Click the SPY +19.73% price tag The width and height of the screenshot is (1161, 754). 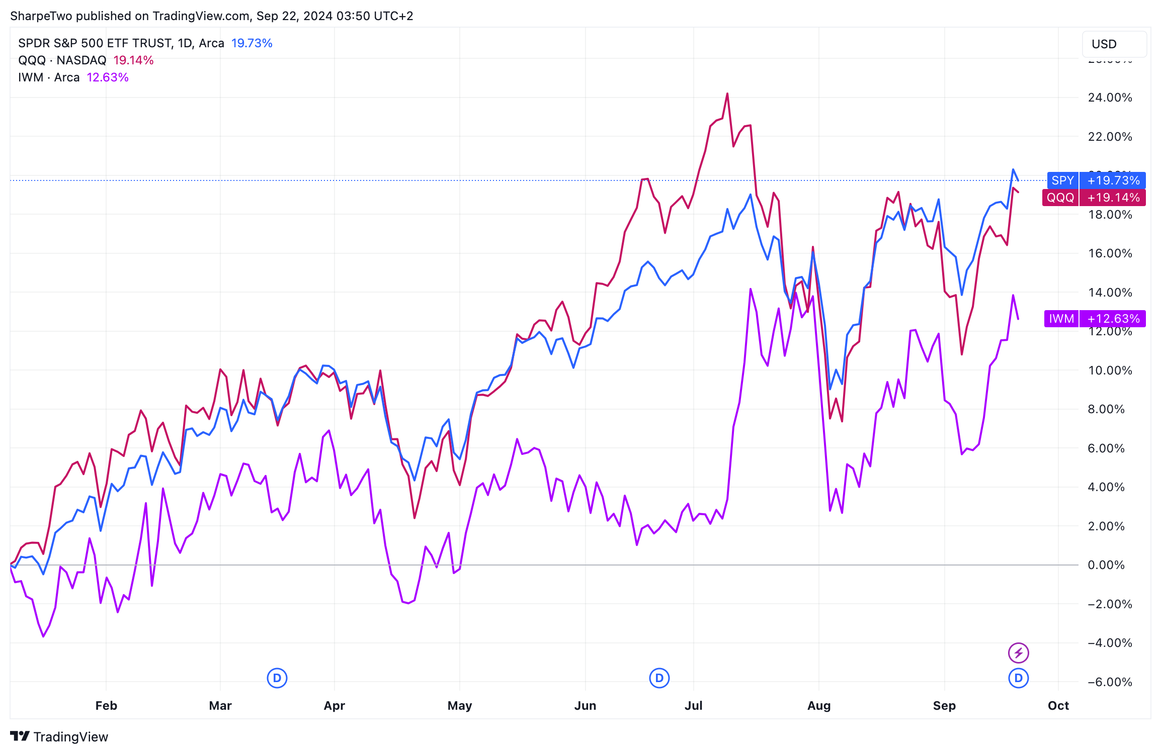click(1096, 180)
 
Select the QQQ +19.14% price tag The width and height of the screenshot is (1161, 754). click(1094, 198)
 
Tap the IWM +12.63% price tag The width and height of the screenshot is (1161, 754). click(1095, 319)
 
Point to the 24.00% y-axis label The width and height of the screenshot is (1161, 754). click(1110, 98)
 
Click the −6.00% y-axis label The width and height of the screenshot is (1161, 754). click(1110, 682)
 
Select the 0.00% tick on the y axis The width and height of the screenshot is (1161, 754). click(1106, 565)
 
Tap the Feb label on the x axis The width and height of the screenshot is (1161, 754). click(106, 706)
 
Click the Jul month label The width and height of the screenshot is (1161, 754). click(693, 706)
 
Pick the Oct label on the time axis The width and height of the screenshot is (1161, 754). click(1058, 706)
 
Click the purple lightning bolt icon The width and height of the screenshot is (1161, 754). click(1018, 653)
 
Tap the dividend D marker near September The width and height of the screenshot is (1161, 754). click(1018, 678)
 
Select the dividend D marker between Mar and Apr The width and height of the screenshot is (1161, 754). click(277, 678)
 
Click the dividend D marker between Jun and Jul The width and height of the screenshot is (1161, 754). click(659, 678)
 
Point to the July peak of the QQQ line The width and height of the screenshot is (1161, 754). click(727, 94)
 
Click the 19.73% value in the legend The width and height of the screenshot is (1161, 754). click(252, 43)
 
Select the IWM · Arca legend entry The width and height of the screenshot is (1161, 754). click(49, 77)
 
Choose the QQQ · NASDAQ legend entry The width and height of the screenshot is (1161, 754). click(62, 60)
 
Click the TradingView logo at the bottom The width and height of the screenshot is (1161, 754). click(59, 736)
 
